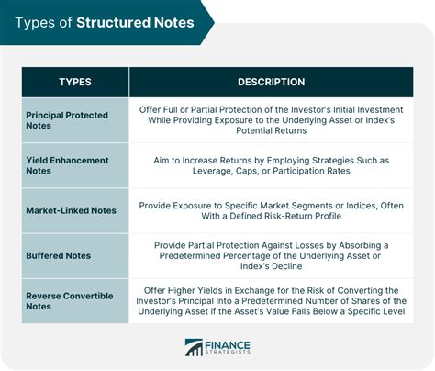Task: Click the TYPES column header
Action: pos(75,83)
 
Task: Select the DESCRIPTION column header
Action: pos(271,83)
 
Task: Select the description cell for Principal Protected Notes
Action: pos(271,120)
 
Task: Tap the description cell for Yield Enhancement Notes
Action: pos(271,166)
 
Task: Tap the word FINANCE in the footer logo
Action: pos(229,343)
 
